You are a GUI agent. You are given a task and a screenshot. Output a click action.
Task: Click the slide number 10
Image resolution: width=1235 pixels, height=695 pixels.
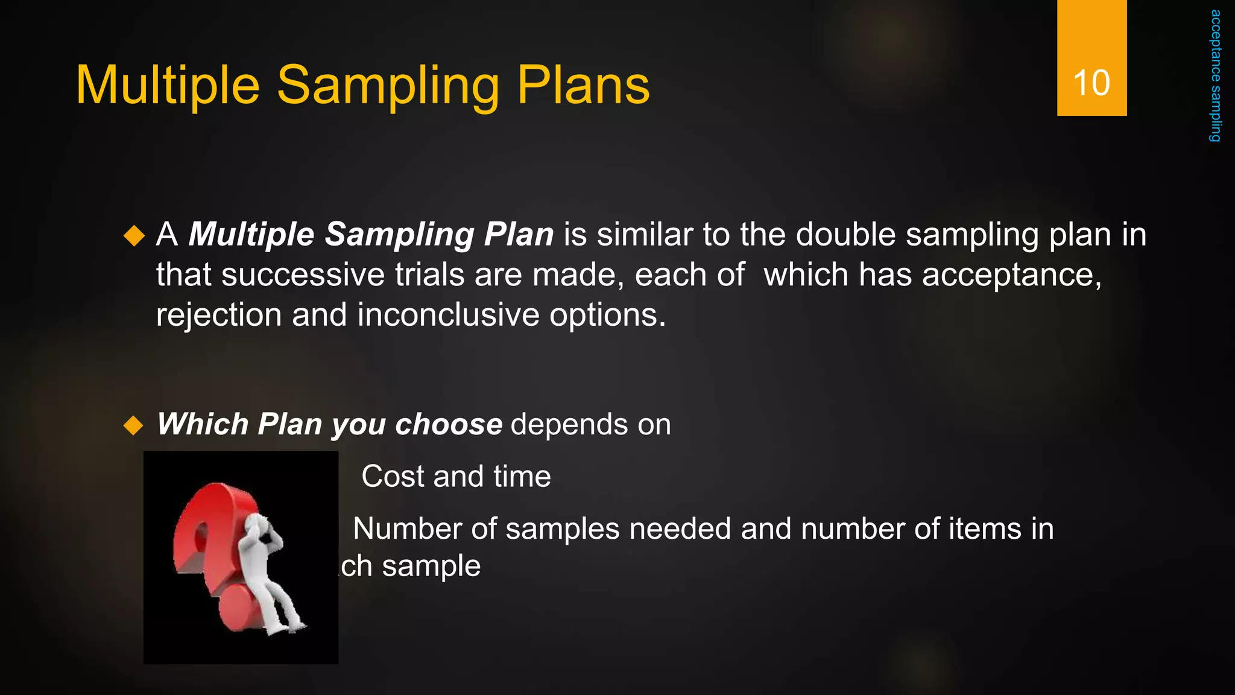pos(1091,83)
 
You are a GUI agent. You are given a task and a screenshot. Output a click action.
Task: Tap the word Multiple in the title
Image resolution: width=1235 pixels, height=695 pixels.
pos(168,86)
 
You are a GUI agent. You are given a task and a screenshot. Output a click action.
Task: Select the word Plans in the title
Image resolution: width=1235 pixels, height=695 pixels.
pos(583,86)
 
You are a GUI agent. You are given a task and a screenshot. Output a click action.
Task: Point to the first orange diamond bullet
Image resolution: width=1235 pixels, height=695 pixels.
pos(134,235)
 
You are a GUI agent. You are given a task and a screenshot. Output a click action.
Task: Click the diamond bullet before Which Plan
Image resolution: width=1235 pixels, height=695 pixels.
pos(133,425)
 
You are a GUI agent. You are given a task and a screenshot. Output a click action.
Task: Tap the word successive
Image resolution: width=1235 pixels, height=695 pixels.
pos(303,275)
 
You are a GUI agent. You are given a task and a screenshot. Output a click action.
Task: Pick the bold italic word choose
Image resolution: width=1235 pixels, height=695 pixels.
pos(449,425)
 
